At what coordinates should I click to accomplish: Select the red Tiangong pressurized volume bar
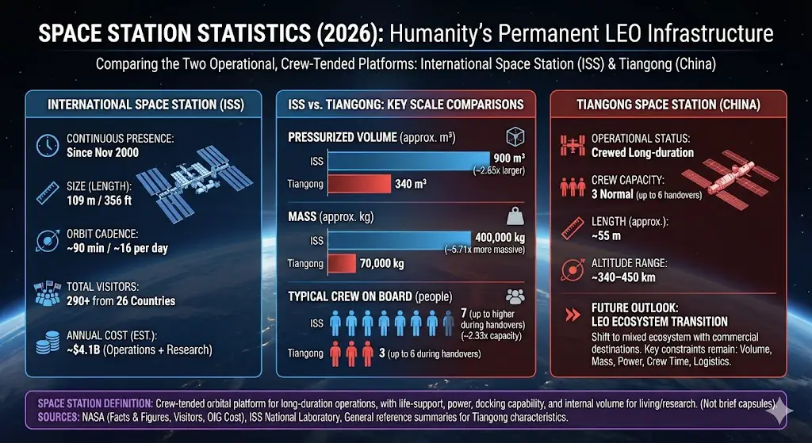tap(357, 185)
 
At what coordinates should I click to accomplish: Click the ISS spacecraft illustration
tap(193, 184)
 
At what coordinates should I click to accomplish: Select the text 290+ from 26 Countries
tap(121, 301)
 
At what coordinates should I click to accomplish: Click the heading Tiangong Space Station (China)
tap(668, 105)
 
